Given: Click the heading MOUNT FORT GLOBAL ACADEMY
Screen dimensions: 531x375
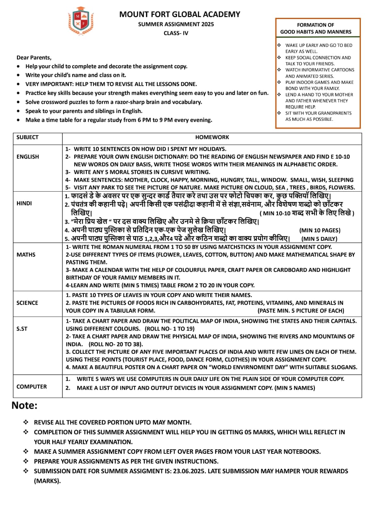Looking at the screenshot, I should click(180, 14).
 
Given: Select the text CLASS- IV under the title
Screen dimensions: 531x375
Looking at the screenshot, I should click(175, 34).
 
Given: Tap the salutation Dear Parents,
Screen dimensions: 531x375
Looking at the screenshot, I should click(34, 57).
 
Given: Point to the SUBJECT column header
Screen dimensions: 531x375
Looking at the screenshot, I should click(27, 137).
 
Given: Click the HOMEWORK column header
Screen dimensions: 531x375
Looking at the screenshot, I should click(212, 137).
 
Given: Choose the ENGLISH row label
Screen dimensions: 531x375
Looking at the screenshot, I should click(28, 157).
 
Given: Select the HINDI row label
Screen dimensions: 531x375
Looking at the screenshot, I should click(24, 204).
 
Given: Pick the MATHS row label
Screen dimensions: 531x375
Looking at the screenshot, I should click(26, 255).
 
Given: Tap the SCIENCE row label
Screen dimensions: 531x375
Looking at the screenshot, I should click(27, 303).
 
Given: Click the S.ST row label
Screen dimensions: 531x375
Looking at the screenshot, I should click(22, 329).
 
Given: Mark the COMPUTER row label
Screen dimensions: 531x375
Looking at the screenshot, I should click(32, 387).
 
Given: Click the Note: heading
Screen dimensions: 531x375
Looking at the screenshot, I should click(25, 405).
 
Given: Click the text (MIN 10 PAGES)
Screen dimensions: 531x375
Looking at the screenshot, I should click(320, 231).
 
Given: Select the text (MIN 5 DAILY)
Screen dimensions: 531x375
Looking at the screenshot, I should click(319, 239).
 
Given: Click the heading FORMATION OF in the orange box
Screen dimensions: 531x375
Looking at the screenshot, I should click(316, 25).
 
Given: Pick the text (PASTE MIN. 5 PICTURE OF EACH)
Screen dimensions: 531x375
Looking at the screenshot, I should click(301, 311).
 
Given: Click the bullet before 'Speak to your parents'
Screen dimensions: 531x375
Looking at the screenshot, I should click(19, 111).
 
